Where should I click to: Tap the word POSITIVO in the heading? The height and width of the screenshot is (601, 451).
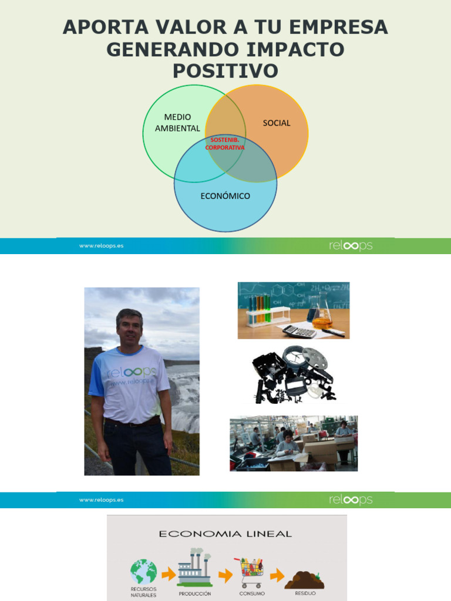point(225,71)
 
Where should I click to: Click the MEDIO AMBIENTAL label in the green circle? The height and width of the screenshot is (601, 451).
point(177,123)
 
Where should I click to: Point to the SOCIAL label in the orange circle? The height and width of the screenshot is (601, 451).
point(277,123)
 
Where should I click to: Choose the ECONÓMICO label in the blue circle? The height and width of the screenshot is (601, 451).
point(225,196)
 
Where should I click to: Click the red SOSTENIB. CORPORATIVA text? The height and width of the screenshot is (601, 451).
point(224,144)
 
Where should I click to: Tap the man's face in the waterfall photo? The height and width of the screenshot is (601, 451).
point(130,327)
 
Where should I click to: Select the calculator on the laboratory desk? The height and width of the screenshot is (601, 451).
point(299,332)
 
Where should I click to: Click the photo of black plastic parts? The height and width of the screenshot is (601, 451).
point(292,374)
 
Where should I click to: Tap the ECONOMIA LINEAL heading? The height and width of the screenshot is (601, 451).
point(225,534)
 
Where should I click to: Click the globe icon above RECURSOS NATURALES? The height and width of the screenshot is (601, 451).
point(144,572)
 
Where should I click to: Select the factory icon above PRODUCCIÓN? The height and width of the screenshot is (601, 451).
point(195,569)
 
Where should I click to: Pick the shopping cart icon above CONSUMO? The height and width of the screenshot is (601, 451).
point(249,572)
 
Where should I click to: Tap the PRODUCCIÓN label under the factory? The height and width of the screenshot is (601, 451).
point(196,594)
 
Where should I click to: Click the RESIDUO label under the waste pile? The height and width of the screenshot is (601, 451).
point(305,593)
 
